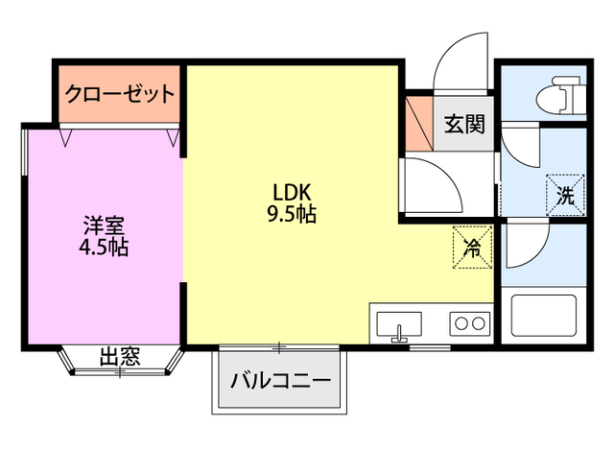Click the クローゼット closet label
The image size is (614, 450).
pos(120,94)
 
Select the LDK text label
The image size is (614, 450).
pos(289,190)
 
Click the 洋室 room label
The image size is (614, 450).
pos(104,225)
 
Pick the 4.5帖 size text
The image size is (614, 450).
pos(104,249)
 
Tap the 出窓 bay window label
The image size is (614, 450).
pos(121,358)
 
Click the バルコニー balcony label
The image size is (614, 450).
pos(279,380)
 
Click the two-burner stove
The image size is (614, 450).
pos(469,323)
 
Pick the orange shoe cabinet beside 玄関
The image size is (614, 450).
pos(418,122)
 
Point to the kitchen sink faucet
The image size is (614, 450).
pos(400,334)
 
